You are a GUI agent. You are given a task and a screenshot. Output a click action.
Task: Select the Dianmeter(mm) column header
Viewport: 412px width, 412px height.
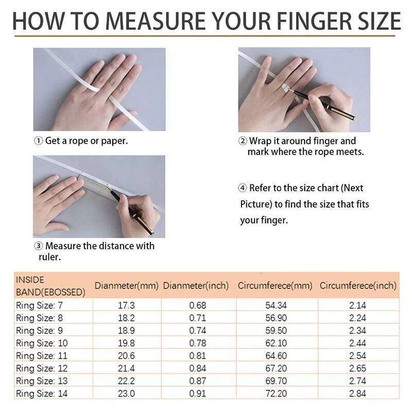(x=126, y=285)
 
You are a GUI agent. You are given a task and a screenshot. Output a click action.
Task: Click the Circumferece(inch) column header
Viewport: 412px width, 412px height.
(x=358, y=285)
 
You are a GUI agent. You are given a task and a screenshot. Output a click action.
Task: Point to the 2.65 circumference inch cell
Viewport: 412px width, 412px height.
(x=357, y=369)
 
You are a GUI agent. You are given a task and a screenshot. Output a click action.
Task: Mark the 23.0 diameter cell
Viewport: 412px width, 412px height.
(x=126, y=394)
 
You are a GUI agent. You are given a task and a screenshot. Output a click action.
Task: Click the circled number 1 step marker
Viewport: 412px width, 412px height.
(x=38, y=141)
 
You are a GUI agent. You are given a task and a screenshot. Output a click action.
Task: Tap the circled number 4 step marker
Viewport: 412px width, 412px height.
(x=243, y=188)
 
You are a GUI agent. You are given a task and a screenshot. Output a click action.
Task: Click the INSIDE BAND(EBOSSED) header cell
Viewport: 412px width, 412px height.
(x=50, y=286)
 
